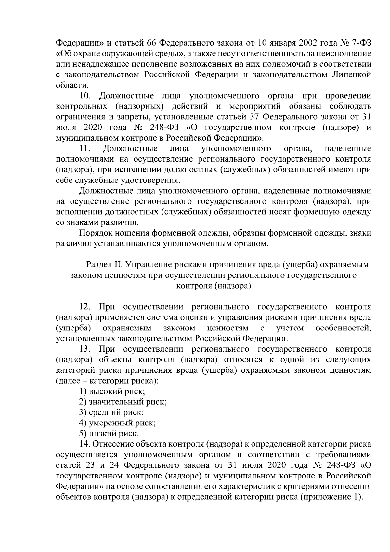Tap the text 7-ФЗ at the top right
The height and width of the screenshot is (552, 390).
click(359, 43)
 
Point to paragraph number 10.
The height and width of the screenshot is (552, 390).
click(86, 96)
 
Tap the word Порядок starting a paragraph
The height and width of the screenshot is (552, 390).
click(95, 233)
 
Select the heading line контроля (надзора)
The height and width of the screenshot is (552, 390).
click(214, 286)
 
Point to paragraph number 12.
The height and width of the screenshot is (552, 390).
click(86, 307)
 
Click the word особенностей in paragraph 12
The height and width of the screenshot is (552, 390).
click(343, 328)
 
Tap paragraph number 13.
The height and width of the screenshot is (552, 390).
click(86, 349)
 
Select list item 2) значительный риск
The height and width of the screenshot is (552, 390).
click(123, 402)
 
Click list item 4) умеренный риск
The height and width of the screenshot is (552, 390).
click(117, 423)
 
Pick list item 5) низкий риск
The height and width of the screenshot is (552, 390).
click(109, 434)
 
